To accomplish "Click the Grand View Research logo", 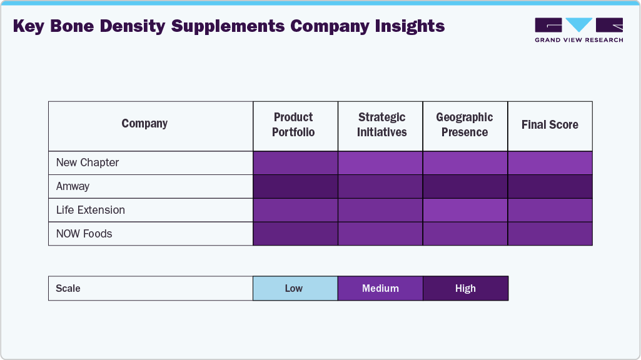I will pyautogui.click(x=578, y=30).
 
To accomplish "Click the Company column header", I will pyautogui.click(x=144, y=124).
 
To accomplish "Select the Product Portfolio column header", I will pyautogui.click(x=293, y=125).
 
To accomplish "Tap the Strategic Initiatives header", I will pyautogui.click(x=381, y=125).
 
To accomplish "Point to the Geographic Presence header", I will pyautogui.click(x=465, y=125).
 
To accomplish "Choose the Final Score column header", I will pyautogui.click(x=550, y=125).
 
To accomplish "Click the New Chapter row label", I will pyautogui.click(x=88, y=162).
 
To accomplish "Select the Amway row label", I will pyautogui.click(x=73, y=186).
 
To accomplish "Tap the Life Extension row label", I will pyautogui.click(x=91, y=210).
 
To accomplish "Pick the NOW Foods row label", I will pyautogui.click(x=84, y=234).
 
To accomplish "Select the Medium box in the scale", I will pyautogui.click(x=380, y=288).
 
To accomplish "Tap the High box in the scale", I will pyautogui.click(x=465, y=288).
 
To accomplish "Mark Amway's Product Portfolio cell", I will pyautogui.click(x=295, y=186).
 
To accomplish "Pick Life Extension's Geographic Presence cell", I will pyautogui.click(x=465, y=210).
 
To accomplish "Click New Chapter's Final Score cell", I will pyautogui.click(x=550, y=162).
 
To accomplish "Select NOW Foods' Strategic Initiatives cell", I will pyautogui.click(x=380, y=234).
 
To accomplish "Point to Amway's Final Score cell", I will pyautogui.click(x=550, y=186).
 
